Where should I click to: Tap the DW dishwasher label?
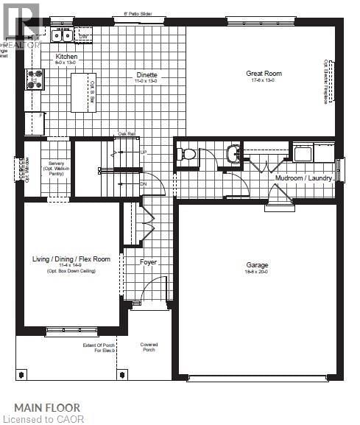click(x=84, y=35)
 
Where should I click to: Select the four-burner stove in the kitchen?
click(x=35, y=79)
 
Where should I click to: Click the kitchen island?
click(x=83, y=92)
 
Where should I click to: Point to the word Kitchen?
click(x=66, y=57)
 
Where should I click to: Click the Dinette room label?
click(x=147, y=74)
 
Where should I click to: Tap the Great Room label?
click(x=264, y=74)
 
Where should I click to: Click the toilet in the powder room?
click(x=188, y=155)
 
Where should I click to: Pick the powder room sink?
click(x=233, y=154)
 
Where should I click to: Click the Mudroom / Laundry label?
click(x=304, y=178)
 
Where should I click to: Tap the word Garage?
click(x=257, y=265)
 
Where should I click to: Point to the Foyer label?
click(x=149, y=261)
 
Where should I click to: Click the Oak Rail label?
click(x=127, y=134)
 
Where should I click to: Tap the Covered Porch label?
click(x=149, y=347)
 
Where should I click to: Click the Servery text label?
click(x=57, y=163)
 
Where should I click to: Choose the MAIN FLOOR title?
click(x=47, y=407)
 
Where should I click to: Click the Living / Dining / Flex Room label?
click(x=71, y=259)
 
